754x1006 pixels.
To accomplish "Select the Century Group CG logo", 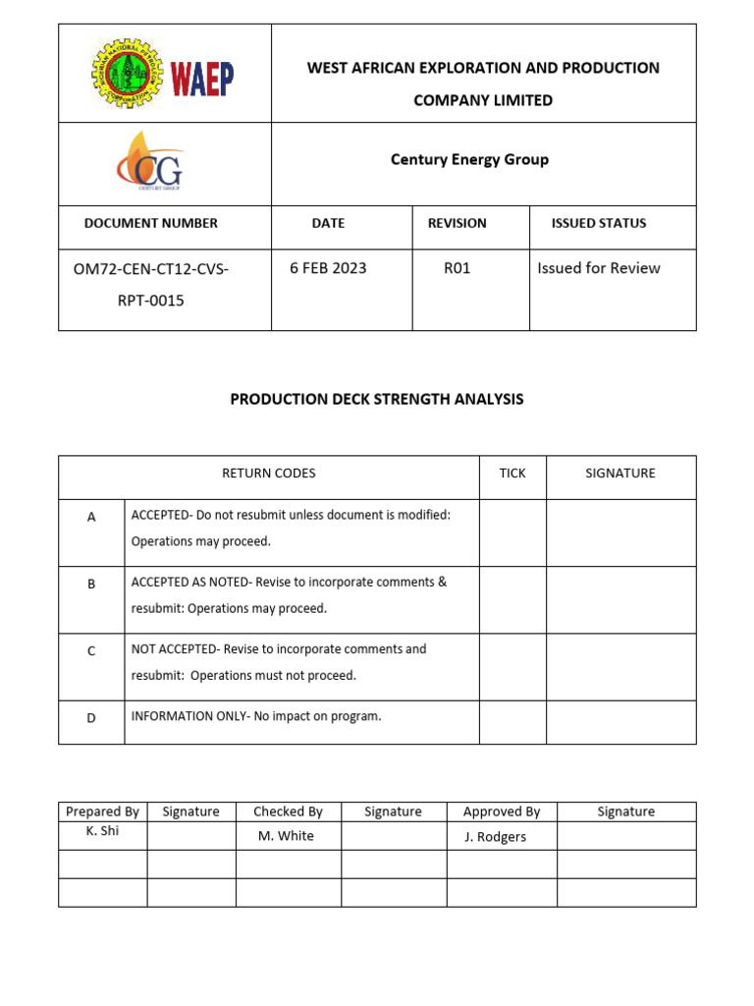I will [149, 163].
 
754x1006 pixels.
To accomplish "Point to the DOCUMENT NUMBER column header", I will [151, 223].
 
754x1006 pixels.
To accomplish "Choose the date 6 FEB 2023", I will [328, 268].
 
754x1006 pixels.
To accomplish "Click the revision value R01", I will [458, 268].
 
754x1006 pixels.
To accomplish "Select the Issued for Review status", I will [599, 268].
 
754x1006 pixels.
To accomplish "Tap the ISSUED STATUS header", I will [599, 223].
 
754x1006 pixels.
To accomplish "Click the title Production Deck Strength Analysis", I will [377, 399].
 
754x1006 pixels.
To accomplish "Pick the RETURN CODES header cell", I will [269, 474].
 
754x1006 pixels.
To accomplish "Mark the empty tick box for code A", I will [512, 532].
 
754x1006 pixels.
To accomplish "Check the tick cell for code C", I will [512, 667].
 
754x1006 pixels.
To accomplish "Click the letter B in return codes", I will [91, 584].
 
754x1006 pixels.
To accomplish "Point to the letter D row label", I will [91, 718].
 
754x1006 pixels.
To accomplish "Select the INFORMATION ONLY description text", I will [256, 716].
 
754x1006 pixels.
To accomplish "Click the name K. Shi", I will [102, 831].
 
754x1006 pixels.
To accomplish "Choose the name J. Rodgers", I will [495, 837].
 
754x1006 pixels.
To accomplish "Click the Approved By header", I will [502, 811].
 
